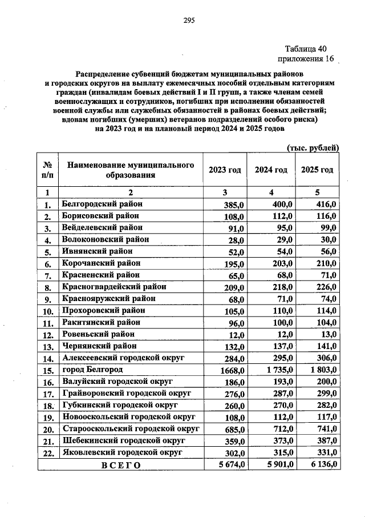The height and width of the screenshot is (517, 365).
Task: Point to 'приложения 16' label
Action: (305, 59)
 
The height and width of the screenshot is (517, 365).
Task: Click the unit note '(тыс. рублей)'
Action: (312, 147)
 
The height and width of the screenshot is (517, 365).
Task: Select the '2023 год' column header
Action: (225, 170)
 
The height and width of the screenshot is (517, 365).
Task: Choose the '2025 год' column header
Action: (317, 170)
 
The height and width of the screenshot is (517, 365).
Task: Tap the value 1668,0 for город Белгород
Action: (233, 371)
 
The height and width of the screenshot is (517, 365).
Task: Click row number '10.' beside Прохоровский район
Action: (48, 311)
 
